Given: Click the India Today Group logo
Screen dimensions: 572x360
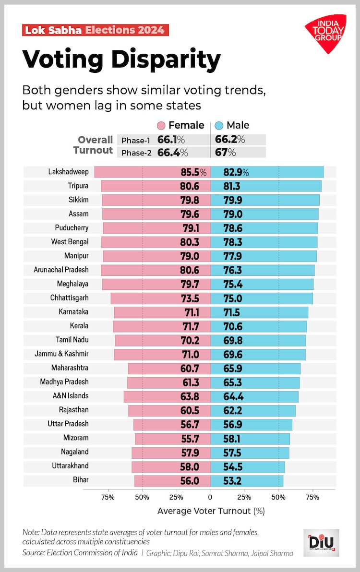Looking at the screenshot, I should (x=326, y=33).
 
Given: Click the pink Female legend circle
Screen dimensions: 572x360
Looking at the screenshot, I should (x=161, y=126).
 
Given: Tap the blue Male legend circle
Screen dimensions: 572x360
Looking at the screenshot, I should (x=219, y=126).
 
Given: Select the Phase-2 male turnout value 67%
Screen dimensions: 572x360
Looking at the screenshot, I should (x=228, y=153).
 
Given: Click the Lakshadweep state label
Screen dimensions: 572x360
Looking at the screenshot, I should (x=68, y=172).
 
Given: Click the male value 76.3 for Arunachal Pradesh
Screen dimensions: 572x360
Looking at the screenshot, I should (x=232, y=270).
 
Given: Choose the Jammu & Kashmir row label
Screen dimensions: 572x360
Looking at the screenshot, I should (x=61, y=354).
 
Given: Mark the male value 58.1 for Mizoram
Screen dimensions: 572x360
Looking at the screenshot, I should (x=232, y=439).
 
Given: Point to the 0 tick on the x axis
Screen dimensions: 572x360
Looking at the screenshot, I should (x=210, y=497).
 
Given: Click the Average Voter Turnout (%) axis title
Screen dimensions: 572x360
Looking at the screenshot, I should (x=211, y=511).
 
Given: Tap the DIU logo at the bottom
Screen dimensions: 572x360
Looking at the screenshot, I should (x=321, y=543).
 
